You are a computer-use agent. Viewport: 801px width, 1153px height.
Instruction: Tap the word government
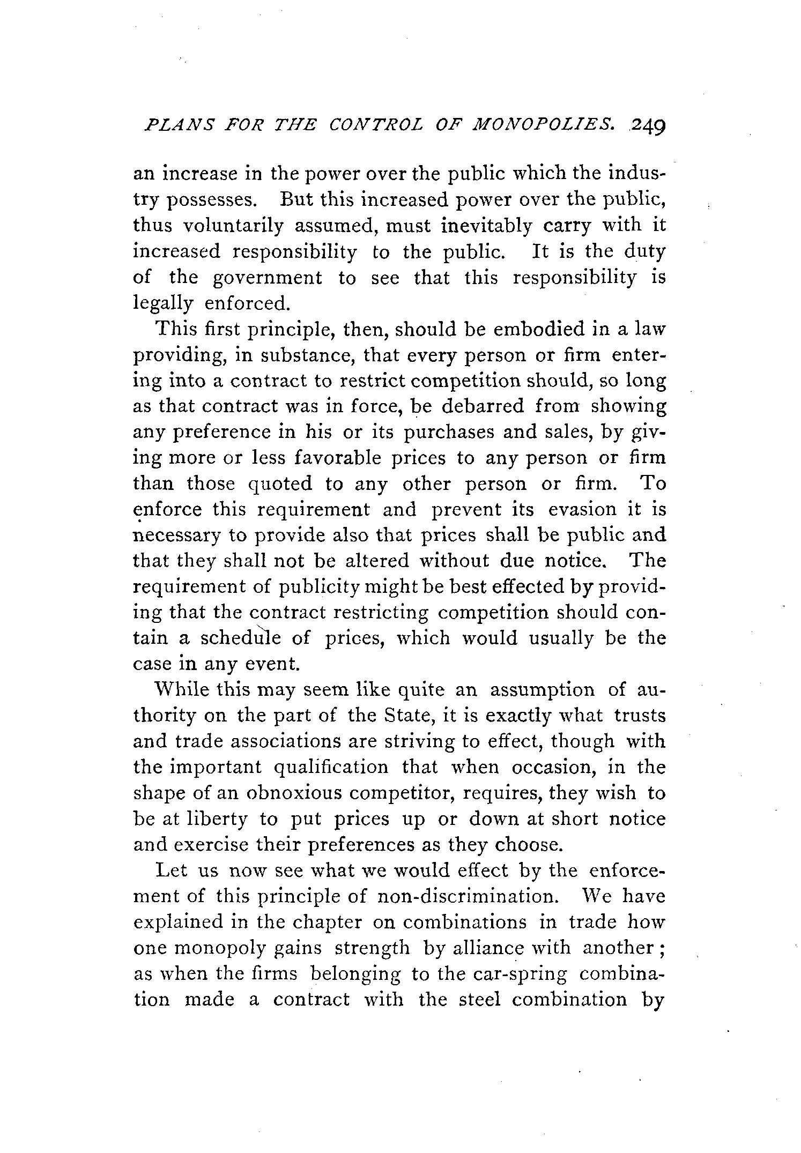coord(268,278)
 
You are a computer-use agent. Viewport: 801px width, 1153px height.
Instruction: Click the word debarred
coord(483,406)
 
